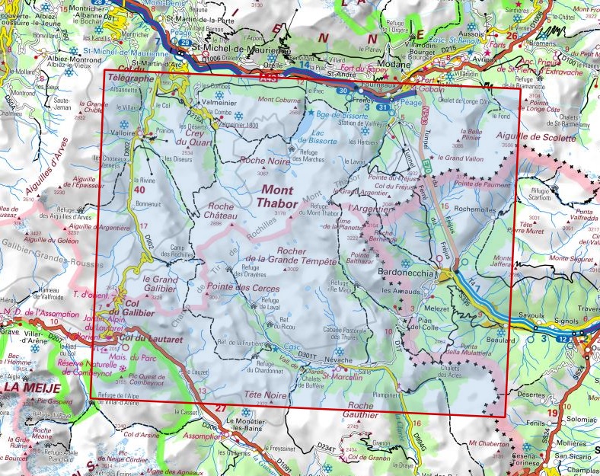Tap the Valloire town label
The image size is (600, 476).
coord(125,132)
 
